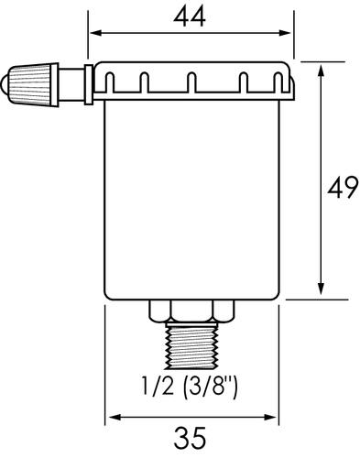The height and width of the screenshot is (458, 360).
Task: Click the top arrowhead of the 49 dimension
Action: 320,69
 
